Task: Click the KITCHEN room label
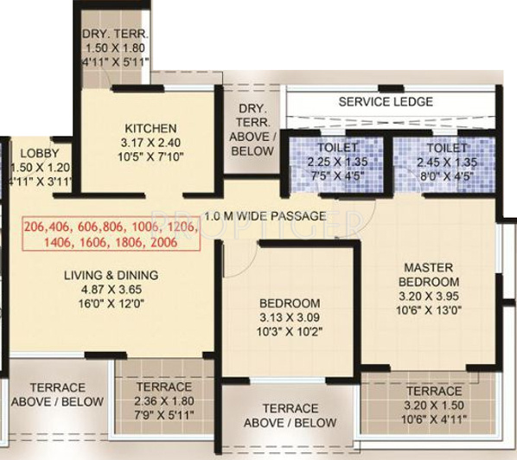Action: [150, 128]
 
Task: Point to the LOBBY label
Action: [39, 153]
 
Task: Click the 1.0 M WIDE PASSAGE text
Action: [265, 215]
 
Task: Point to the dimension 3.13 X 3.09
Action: [290, 317]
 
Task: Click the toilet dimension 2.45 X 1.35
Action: [446, 162]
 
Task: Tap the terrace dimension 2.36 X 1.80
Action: [163, 401]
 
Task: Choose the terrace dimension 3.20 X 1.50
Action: [433, 406]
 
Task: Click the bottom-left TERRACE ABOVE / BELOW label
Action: [57, 394]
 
